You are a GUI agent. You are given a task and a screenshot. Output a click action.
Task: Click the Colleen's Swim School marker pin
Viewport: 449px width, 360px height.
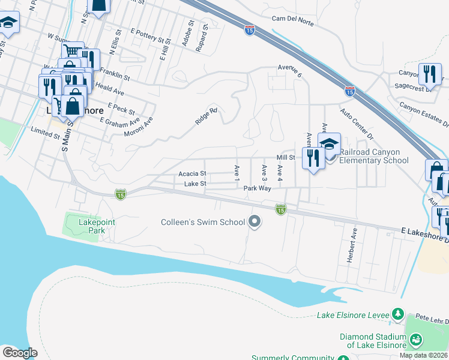pos(255,222)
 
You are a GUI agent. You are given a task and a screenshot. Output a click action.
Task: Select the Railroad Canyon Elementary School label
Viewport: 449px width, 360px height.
pos(373,156)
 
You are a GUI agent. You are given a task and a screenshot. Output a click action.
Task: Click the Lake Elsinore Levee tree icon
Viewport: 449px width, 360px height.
pos(397,314)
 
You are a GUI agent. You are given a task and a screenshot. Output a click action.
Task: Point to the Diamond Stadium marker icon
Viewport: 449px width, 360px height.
pos(415,341)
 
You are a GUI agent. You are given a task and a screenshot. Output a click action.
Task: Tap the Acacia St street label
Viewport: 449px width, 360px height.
pos(192,173)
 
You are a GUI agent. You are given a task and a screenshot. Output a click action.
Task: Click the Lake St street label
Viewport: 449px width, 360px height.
pos(195,184)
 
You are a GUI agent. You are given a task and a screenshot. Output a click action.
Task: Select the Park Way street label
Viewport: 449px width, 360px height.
pos(258,188)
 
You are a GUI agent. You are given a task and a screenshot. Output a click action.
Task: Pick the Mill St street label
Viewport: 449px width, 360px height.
pos(286,157)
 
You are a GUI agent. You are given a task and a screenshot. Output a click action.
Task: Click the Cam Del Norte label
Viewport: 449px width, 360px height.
pos(294,20)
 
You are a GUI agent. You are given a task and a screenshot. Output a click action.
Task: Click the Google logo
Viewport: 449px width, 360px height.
pos(19,352)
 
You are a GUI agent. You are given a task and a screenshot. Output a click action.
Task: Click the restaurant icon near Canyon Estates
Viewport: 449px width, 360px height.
pos(430,74)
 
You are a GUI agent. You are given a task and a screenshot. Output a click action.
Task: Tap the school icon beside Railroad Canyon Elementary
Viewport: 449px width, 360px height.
pos(329,145)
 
